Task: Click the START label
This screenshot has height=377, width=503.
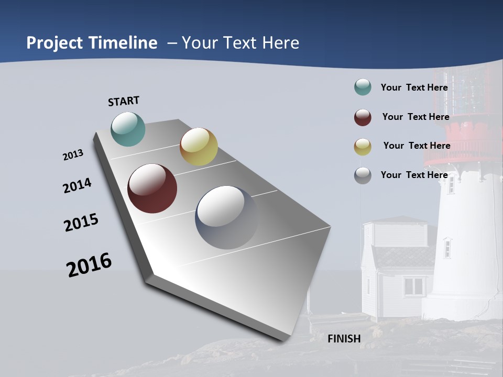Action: coord(124,101)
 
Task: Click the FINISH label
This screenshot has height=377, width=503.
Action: coord(344,339)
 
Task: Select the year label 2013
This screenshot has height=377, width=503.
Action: coord(73,155)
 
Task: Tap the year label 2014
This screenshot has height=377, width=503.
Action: coord(77,186)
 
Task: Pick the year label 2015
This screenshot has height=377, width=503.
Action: coord(81,223)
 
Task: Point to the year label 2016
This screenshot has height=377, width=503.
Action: coord(89,265)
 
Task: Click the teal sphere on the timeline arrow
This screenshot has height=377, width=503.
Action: coord(128,129)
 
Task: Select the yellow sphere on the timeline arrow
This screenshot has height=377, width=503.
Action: coord(199,147)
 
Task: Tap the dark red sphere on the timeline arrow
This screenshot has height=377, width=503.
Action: coord(152,188)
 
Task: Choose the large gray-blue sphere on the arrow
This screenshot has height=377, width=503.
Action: coord(227,217)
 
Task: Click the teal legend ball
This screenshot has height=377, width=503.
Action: coord(363,87)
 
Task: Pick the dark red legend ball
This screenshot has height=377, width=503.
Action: coord(363,117)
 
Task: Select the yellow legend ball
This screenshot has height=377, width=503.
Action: coord(363,147)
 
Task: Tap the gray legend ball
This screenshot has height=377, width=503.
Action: coord(363,175)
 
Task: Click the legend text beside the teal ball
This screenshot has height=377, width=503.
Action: coord(414,87)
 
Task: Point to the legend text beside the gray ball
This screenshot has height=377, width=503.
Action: coord(414,175)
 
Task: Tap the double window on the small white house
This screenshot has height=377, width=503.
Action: coord(414,286)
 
